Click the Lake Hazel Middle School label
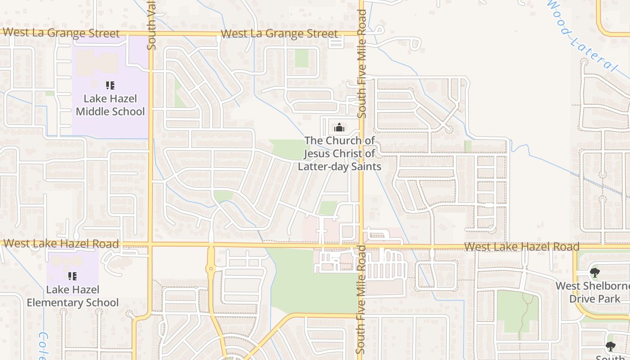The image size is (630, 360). click(110, 105)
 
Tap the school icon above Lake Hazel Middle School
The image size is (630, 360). click(110, 85)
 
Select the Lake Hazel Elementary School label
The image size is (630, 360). click(72, 296)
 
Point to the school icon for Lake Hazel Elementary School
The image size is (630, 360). click(72, 276)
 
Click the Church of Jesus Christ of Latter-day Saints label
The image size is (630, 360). click(339, 153)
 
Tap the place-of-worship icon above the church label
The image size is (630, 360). click(339, 128)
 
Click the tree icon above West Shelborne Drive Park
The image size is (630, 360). click(594, 272)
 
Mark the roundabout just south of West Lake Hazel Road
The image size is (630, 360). click(210, 269)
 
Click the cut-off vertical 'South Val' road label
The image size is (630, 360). click(152, 25)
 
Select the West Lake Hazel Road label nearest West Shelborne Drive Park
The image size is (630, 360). click(522, 247)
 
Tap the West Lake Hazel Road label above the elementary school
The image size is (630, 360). click(61, 244)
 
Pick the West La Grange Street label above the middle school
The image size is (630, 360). click(61, 33)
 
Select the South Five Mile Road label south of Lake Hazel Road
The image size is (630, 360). click(361, 299)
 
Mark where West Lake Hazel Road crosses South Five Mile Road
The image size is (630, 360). click(361, 246)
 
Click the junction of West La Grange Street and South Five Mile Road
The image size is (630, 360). click(361, 33)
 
